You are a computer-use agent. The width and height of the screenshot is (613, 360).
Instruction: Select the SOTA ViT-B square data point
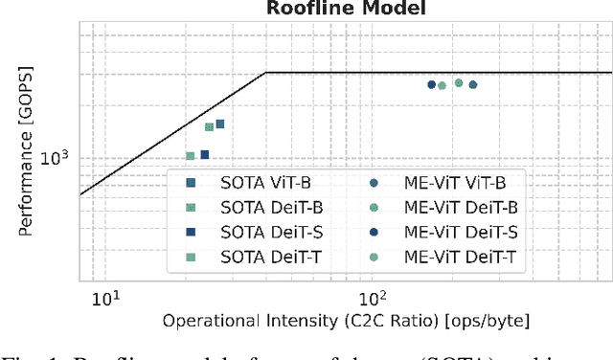coord(219,124)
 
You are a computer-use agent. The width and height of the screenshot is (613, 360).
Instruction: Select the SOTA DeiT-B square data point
coord(209,126)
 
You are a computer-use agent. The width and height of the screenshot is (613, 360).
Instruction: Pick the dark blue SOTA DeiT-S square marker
coord(204,154)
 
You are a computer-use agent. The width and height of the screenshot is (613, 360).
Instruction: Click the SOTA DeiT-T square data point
coord(190,156)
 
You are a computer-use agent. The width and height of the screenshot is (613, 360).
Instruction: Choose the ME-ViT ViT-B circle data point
coord(472,84)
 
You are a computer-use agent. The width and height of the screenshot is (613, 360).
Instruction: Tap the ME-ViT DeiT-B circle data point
coord(459,82)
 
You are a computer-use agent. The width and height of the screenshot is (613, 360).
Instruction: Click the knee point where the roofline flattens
coord(265,72)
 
